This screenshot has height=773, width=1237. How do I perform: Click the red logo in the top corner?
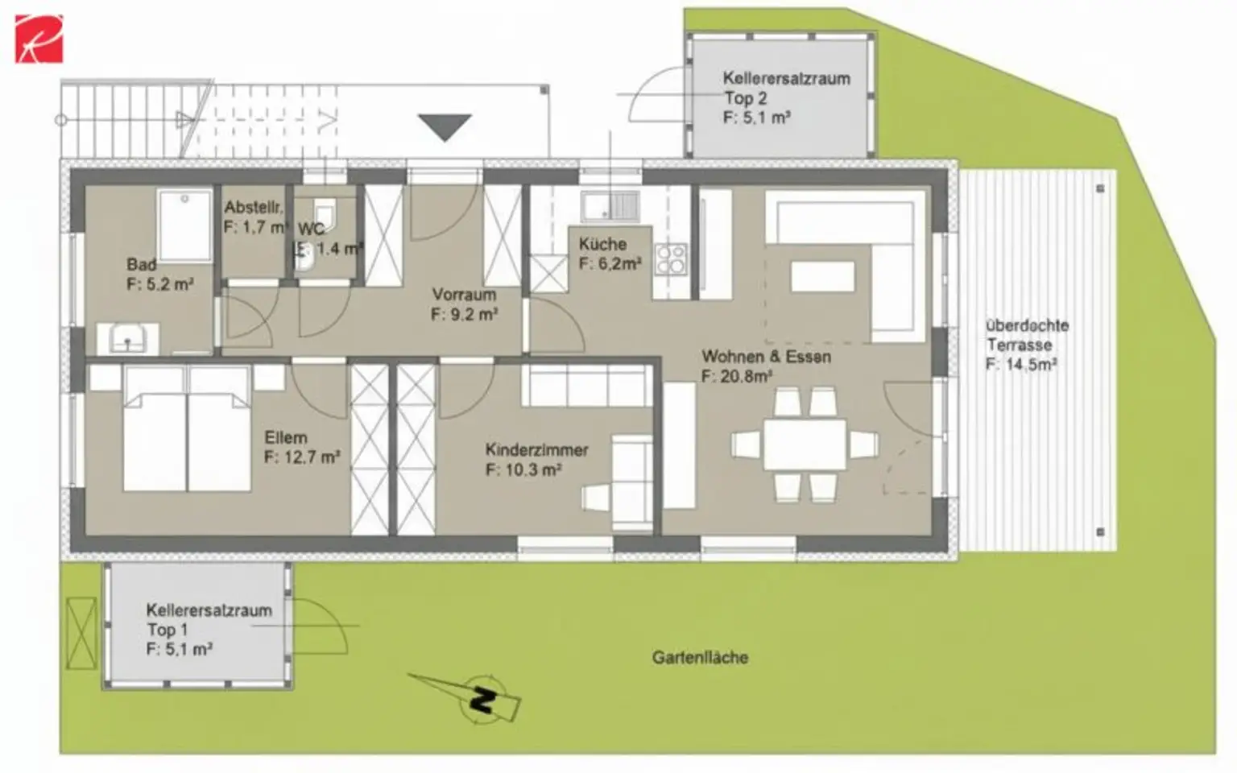point(39,39)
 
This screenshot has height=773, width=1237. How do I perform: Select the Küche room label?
point(602,244)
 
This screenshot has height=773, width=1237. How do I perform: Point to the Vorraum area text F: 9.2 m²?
point(464,314)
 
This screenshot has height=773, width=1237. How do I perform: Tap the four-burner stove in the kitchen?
point(671,259)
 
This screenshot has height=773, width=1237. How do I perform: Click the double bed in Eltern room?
point(187,428)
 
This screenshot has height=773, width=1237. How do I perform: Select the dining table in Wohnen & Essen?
point(805,444)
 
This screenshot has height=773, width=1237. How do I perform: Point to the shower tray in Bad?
point(184,225)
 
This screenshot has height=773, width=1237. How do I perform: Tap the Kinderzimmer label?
point(536,450)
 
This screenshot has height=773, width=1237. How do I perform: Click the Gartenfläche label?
point(700,658)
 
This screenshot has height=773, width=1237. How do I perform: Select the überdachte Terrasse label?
point(1027,336)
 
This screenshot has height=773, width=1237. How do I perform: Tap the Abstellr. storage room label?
point(253,208)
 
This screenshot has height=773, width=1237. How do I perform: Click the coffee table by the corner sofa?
point(822,276)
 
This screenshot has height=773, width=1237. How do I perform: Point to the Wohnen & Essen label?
point(766,357)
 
